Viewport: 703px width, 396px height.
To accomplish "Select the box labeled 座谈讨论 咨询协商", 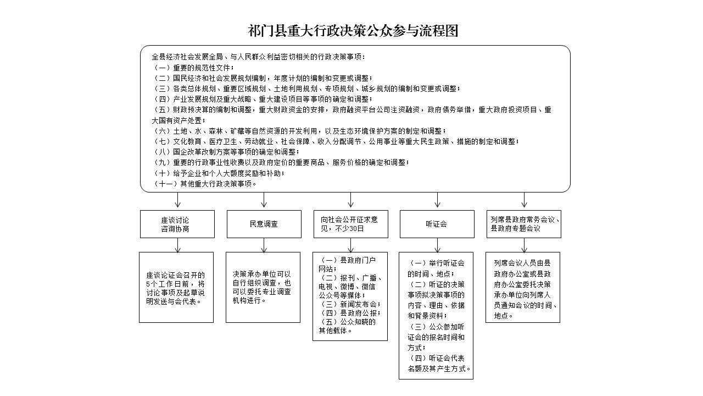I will pos(177,224).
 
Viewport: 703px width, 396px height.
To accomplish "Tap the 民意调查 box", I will pos(264,224).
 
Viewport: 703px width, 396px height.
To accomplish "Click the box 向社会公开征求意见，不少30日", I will pos(350,224).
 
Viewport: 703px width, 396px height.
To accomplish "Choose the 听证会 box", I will pos(437,224).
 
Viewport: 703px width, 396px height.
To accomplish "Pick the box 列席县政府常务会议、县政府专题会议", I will pos(523,224).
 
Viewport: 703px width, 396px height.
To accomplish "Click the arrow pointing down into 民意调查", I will pos(264,201).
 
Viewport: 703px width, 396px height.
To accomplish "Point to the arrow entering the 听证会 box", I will pos(438,201).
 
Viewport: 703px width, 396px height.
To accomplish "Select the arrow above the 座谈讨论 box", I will pos(177,201).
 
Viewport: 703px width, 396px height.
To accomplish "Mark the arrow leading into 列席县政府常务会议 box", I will pos(525,201).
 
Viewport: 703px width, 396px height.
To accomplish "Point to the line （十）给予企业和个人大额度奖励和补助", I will pos(220,173).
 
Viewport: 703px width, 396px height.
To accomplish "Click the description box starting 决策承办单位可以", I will pos(263,287).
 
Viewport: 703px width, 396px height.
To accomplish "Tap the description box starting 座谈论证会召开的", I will pos(176,287).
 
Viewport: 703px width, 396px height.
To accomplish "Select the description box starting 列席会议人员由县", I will pos(523,287).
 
